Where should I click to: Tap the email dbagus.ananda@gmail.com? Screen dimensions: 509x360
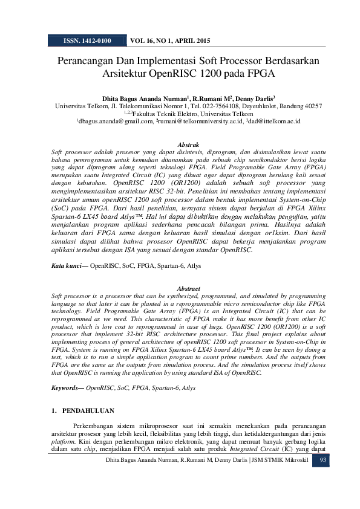point(116,122)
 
